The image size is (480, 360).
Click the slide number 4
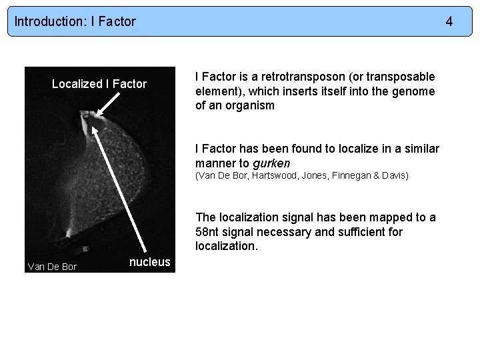click(449, 21)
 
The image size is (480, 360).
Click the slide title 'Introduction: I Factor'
click(75, 21)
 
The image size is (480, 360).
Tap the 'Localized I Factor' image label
click(99, 84)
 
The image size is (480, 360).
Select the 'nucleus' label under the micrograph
click(150, 262)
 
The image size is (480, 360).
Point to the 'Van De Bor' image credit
click(52, 267)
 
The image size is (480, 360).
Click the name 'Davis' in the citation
click(395, 176)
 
